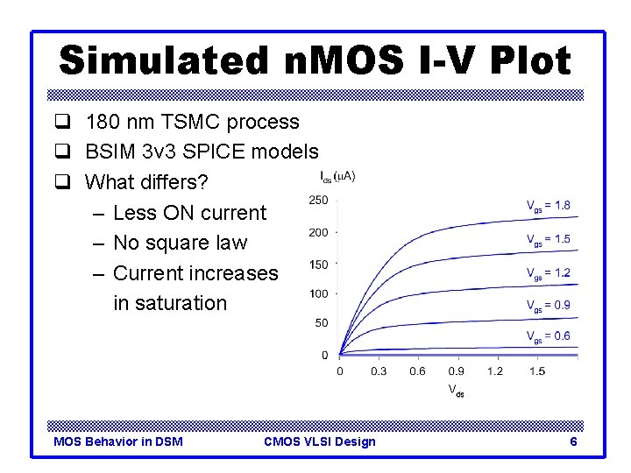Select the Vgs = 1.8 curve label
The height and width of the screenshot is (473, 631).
coord(548,206)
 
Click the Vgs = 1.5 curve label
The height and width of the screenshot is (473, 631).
coord(548,239)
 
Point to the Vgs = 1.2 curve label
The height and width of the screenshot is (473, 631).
coord(548,273)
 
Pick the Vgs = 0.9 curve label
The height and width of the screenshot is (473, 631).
coord(548,306)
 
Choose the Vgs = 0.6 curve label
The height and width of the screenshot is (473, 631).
coord(548,336)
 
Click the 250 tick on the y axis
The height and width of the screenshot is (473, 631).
coord(318,201)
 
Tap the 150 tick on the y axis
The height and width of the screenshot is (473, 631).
coord(318,264)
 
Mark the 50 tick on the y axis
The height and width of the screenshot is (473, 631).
coord(321,323)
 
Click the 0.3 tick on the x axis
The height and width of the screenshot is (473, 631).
coord(379,371)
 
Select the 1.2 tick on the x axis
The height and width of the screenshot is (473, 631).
coord(495,371)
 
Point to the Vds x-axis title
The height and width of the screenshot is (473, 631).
coord(457,390)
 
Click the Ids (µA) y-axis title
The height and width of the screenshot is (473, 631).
coord(337,178)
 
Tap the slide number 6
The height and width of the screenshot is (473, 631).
coord(573,441)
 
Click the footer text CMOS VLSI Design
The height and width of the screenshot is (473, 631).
coord(319,441)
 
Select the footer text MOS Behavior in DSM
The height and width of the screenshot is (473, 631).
coord(118,441)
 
